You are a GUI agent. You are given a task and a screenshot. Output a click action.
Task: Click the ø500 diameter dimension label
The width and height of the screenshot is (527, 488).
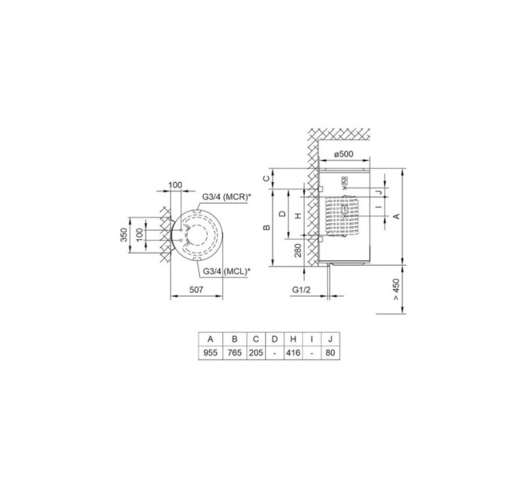(x=343, y=154)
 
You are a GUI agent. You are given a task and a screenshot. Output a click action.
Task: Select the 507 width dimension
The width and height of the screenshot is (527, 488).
(x=196, y=290)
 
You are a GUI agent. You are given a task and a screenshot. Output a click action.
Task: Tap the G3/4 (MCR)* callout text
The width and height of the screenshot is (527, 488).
(x=226, y=197)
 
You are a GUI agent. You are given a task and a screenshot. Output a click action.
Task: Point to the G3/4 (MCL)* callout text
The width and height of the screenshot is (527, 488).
(x=226, y=271)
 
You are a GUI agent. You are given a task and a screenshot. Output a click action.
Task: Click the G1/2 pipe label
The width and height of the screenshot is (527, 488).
(x=301, y=290)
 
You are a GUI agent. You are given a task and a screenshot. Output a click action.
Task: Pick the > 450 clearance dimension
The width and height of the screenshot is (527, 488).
(x=397, y=289)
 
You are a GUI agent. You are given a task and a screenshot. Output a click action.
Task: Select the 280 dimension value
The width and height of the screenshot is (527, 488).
(x=298, y=250)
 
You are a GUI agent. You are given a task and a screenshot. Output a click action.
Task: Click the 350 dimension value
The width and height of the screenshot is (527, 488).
(x=124, y=235)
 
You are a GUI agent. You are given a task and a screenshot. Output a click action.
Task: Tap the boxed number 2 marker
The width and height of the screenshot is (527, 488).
(x=344, y=180)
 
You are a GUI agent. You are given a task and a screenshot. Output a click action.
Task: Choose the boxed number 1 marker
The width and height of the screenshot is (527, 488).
(x=345, y=209)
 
